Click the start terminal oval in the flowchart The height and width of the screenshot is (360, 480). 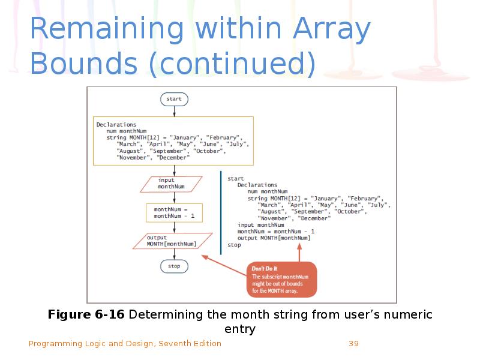[x=174, y=98]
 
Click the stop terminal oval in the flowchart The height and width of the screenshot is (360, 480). [x=174, y=266]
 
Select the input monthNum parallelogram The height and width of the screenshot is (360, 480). [x=171, y=184]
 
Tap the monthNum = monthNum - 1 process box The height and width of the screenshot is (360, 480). [x=174, y=212]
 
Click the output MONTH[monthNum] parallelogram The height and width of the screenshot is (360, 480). [x=172, y=241]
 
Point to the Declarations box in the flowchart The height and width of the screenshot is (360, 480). [x=173, y=141]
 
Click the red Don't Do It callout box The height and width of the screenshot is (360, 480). [x=281, y=279]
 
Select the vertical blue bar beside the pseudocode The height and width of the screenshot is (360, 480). [x=221, y=213]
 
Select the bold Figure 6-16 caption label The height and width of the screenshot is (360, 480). [x=86, y=315]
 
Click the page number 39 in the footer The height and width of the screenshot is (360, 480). [x=353, y=344]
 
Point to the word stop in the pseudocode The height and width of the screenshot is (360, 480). [x=234, y=245]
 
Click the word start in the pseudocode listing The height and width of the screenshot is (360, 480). [x=235, y=178]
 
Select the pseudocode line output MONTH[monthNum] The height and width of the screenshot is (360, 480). [x=274, y=238]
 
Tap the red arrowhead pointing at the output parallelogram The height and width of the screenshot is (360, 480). [x=205, y=256]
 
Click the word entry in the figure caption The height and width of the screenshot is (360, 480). [x=239, y=329]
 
